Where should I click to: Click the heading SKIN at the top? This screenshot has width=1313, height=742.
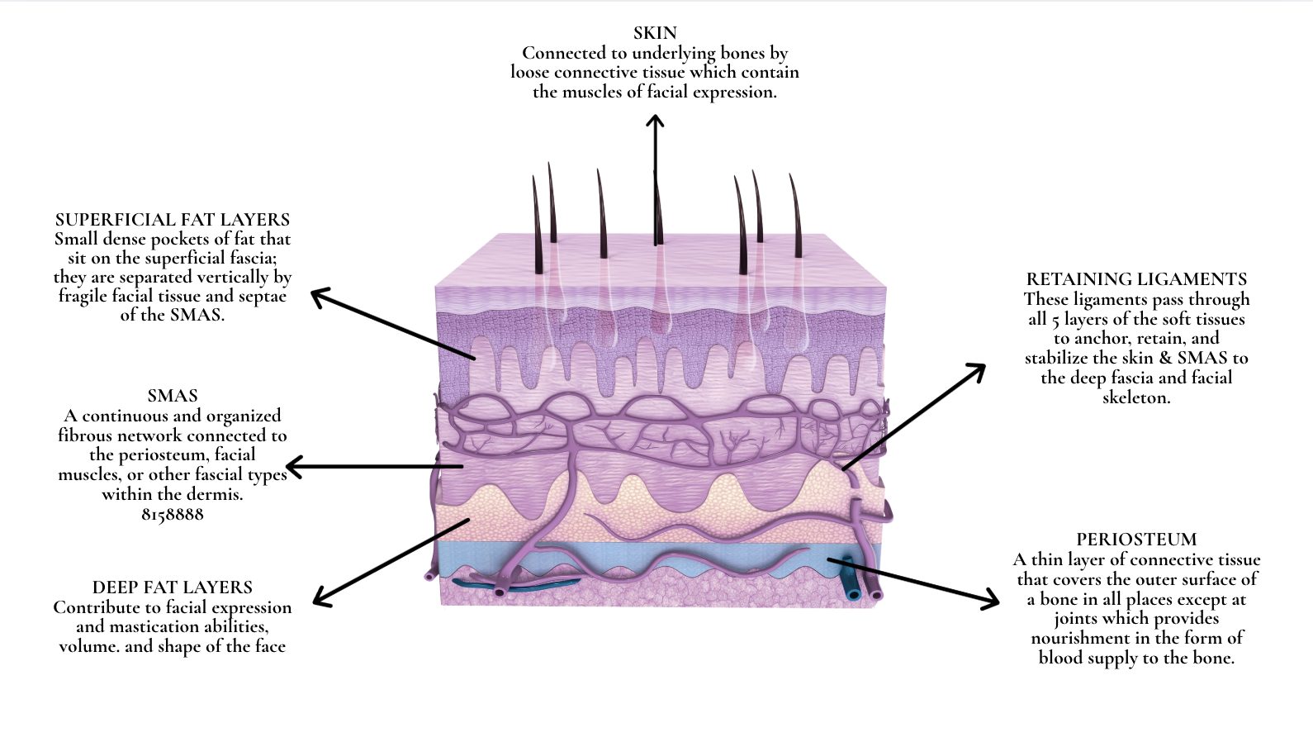(x=655, y=33)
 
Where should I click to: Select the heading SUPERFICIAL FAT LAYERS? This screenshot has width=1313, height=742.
(x=173, y=220)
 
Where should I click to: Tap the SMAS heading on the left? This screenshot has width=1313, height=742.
(x=173, y=396)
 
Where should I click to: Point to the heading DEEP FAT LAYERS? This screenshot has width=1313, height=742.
(x=173, y=587)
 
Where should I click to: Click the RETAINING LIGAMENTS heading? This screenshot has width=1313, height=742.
(x=1136, y=279)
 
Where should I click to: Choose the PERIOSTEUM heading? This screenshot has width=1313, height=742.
(x=1136, y=540)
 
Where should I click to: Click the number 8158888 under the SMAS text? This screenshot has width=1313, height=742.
(x=173, y=514)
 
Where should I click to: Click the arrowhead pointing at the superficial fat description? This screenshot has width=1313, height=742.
(x=318, y=294)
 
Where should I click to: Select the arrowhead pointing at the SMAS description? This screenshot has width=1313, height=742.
(x=292, y=467)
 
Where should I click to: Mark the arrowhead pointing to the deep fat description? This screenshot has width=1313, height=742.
(x=320, y=600)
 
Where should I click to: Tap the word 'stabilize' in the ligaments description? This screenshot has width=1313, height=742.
(x=1059, y=358)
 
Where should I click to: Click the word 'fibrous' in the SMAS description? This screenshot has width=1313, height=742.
(x=85, y=435)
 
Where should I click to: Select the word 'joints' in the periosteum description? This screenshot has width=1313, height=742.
(x=1079, y=618)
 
